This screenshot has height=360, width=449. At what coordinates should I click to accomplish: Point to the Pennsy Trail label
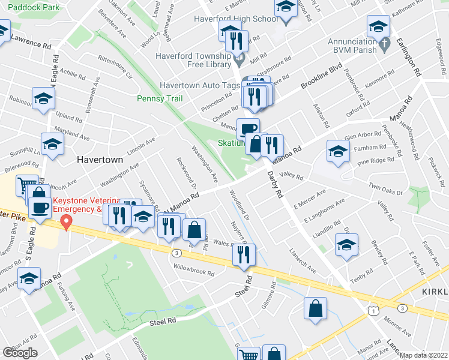159,98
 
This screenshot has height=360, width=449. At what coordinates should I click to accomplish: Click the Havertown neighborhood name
100,160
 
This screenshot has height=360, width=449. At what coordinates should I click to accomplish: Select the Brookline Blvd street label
321,77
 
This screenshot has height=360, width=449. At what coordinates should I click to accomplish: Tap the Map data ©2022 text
424,355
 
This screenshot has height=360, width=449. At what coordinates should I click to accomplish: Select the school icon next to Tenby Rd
346,245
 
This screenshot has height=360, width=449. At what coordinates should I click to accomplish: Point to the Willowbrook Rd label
194,272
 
